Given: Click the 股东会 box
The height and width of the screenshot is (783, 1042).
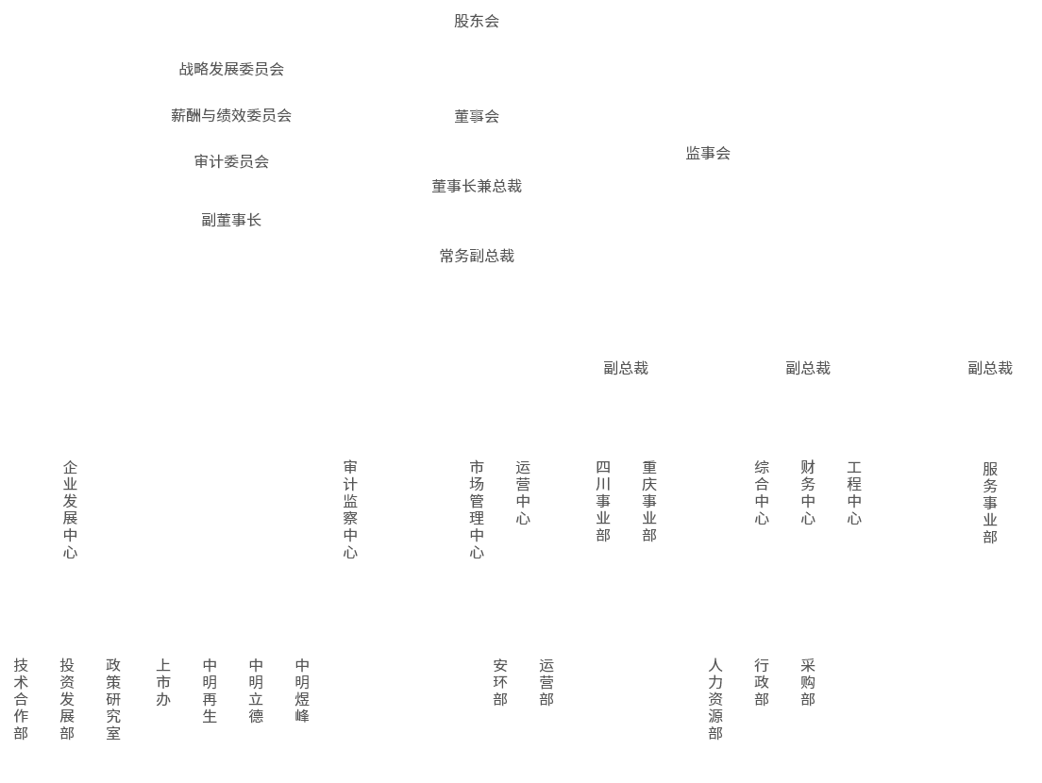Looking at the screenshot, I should pos(476,21).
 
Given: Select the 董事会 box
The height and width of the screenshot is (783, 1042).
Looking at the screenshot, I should pos(476,116).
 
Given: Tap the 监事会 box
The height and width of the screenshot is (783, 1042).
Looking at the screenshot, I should pos(707,153).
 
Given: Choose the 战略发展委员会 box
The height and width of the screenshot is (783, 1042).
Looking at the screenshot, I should pos(231,69).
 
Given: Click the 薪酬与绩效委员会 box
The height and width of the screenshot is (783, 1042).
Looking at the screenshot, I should pos(231,116).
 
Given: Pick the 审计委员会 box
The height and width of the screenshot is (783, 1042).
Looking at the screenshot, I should pos(231,161).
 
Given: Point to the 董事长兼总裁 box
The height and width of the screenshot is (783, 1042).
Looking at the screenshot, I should pos(476,186).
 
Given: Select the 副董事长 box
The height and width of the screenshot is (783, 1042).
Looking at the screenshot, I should pos(231,220).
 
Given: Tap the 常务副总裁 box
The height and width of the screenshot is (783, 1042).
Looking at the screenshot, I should pos(476,256).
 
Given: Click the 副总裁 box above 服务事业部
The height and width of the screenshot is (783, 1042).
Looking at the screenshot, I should pos(989,368).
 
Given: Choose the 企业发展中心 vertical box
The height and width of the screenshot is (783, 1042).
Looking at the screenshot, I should pos(70,509).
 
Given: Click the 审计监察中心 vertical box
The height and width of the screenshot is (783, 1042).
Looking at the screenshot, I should pos(349,509).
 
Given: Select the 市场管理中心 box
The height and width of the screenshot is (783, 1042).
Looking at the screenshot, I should pos(476,509).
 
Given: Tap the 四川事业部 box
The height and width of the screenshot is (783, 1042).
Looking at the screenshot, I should pos(602,509).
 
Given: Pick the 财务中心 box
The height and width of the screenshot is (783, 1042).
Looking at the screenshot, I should pos(807,509).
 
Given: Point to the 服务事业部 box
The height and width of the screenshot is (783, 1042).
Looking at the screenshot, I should pos(989,510).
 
